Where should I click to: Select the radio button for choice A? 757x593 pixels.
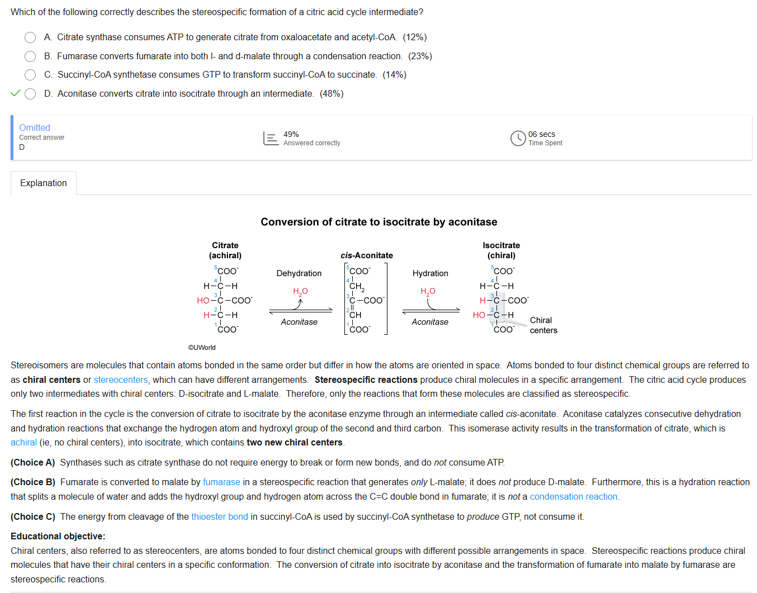point(30,37)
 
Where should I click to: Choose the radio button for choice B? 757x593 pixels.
point(30,56)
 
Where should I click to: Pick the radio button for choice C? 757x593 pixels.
point(30,75)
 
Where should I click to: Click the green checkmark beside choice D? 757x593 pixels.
point(16,93)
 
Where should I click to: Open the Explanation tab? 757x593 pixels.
point(44,183)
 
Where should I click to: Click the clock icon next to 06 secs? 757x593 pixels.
point(518,138)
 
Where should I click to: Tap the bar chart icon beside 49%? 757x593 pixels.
point(271,138)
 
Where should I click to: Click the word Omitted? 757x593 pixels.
point(35,127)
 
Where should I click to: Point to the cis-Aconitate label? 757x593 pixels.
point(367,255)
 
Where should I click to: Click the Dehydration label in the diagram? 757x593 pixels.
point(299,273)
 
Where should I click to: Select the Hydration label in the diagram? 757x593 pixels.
point(430,273)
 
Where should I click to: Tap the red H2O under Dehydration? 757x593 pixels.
point(301,291)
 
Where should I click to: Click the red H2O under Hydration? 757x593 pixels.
point(428,291)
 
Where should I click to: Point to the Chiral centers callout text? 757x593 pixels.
point(542,325)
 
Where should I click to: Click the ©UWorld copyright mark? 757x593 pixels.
point(202,348)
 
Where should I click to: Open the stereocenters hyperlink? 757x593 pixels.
point(121,380)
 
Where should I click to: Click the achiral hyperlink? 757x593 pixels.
point(23,443)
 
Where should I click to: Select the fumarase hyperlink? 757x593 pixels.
point(221,482)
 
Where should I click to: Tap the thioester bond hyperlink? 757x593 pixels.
point(220,517)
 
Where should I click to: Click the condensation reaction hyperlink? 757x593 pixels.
point(574,497)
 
